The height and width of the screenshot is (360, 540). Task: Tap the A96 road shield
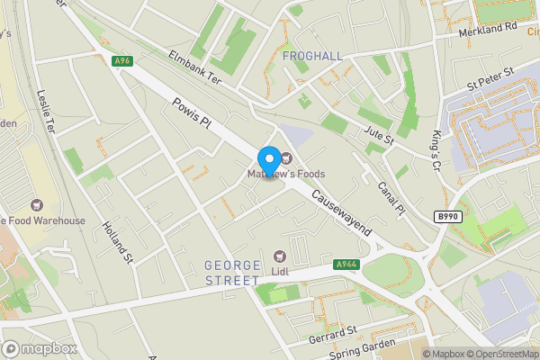[x=123, y=61]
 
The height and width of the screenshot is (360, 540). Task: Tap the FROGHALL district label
[x=312, y=56]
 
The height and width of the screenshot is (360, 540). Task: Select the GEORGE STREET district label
[x=245, y=274]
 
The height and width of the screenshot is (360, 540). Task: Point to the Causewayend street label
[x=341, y=212]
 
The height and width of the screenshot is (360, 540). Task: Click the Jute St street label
[x=379, y=136]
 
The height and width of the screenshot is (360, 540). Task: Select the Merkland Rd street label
[x=486, y=28]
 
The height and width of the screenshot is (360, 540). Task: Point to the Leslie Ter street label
[x=48, y=107]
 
